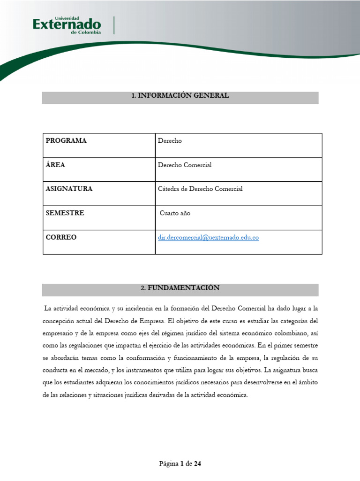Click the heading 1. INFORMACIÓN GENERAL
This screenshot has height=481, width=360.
[x=180, y=96]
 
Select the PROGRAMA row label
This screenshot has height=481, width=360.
[x=66, y=141]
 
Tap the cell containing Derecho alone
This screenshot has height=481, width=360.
[x=170, y=141]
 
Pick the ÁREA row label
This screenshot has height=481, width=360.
[x=55, y=165]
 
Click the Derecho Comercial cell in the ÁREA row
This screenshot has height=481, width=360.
[x=185, y=165]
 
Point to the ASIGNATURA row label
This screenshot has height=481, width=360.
[x=69, y=189]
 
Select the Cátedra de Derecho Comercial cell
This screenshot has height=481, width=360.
[x=200, y=189]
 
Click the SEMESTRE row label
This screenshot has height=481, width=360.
[x=65, y=213]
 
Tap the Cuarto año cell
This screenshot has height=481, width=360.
[x=175, y=213]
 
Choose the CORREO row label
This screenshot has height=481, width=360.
[x=61, y=238]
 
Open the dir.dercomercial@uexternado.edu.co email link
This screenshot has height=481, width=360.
[x=208, y=238]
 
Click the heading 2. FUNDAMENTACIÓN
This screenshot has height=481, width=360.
[x=180, y=288]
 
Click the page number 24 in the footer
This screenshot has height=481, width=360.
[x=197, y=464]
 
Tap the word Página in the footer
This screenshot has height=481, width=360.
[x=169, y=464]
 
